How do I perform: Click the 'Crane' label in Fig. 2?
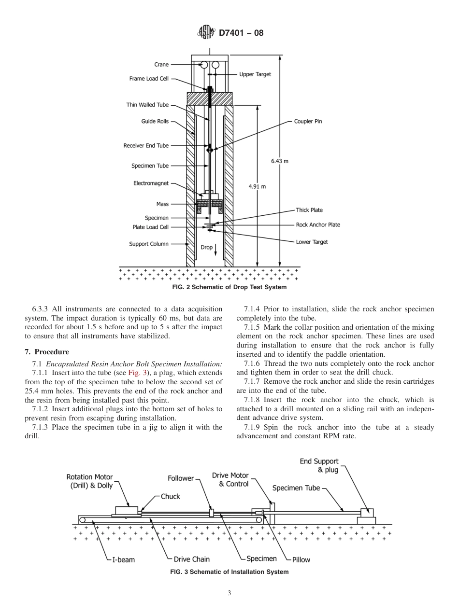point(161,65)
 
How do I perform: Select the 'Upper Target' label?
point(255,74)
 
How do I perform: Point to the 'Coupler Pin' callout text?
point(308,122)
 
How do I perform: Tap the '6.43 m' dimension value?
point(280,161)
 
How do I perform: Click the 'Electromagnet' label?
point(151,183)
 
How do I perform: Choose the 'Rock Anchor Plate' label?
point(318,225)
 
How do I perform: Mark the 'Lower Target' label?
point(312,242)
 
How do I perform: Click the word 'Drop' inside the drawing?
point(206,247)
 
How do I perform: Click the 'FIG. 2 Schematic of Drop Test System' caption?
point(229,287)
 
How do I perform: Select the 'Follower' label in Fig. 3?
point(180,478)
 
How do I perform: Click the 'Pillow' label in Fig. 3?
point(301,560)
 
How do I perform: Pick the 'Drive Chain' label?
point(192,559)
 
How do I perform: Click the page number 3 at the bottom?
point(229,593)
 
